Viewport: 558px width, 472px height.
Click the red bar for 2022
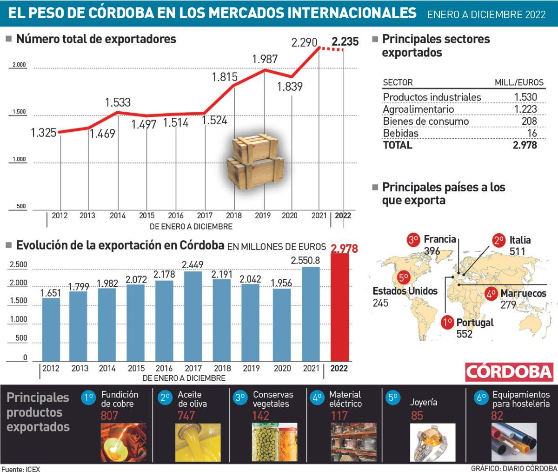pyautogui.click(x=339, y=307)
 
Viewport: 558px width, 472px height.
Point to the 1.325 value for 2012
pyautogui.click(x=44, y=133)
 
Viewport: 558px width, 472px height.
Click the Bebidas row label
pyautogui.click(x=400, y=133)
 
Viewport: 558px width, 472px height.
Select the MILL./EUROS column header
pyautogui.click(x=518, y=83)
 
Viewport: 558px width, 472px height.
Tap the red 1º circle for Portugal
pyautogui.click(x=448, y=323)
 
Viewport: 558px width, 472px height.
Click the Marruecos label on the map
pyautogui.click(x=523, y=294)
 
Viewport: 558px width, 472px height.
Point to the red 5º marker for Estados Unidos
pyautogui.click(x=403, y=277)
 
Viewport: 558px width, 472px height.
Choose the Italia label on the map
pyautogui.click(x=520, y=241)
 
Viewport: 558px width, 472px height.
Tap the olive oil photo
pyautogui.click(x=193, y=442)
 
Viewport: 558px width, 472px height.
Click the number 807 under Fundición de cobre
pyautogui.click(x=110, y=416)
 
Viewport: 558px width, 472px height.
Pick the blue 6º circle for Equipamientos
pyautogui.click(x=481, y=398)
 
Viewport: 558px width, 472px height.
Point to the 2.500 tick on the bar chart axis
pyautogui.click(x=19, y=265)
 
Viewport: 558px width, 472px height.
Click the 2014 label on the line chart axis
pyautogui.click(x=117, y=216)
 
